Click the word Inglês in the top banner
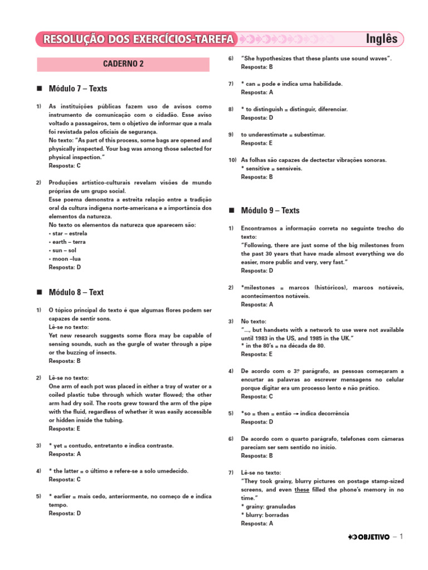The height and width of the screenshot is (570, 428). tap(382, 39)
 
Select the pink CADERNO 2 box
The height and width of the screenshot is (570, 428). tap(123, 64)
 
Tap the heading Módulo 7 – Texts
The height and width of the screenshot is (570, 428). tap(78, 89)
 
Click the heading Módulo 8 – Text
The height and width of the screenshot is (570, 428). tap(76, 292)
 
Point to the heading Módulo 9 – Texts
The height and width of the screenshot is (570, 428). tap(270, 210)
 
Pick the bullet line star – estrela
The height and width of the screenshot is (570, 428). tap(69, 233)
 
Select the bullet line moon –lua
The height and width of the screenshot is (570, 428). tap(65, 259)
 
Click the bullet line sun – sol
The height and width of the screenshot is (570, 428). tap(64, 250)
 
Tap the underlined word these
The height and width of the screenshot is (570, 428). tap(302, 490)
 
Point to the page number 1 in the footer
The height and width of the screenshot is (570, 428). tap(400, 537)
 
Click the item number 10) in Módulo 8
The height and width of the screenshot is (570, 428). tap(232, 160)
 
